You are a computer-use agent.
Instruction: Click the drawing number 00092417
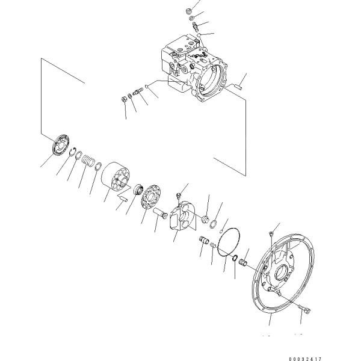[x=305, y=359]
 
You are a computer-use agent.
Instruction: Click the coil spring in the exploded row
[x=88, y=160]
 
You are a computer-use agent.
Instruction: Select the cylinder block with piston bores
[x=116, y=176]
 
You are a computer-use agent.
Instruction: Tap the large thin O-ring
[x=229, y=242]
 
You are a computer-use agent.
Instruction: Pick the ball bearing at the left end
[x=61, y=145]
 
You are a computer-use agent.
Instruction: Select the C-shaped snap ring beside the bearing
[x=73, y=152]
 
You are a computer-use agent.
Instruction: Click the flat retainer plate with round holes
[x=151, y=197]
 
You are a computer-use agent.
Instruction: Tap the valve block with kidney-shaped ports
[x=184, y=216]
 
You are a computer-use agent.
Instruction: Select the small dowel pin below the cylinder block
[x=123, y=198]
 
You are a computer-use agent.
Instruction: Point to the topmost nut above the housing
[x=188, y=11]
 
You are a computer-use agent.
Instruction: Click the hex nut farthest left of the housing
[x=124, y=99]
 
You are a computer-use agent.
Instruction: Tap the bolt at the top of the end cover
[x=271, y=235]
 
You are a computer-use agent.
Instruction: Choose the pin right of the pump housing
[x=238, y=87]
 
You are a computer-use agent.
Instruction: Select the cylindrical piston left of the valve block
[x=161, y=214]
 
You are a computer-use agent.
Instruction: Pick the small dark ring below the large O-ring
[x=235, y=258]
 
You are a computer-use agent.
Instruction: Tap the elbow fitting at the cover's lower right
[x=304, y=310]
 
